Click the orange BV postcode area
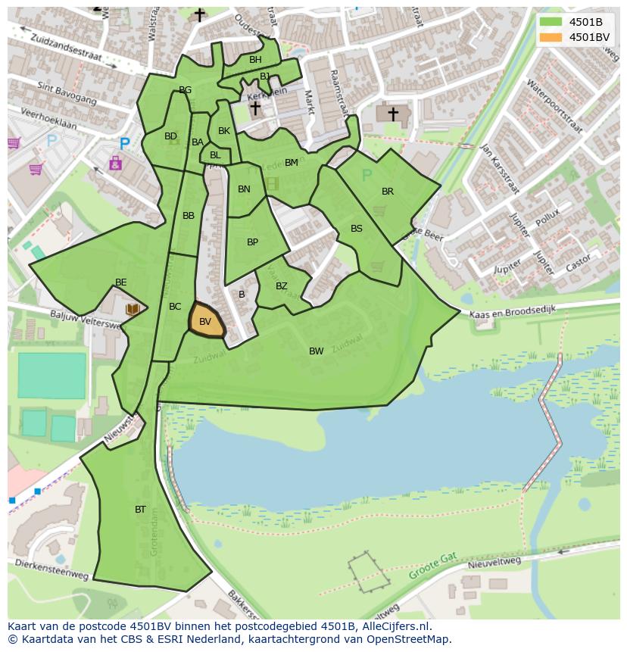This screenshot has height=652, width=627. tap(206, 321)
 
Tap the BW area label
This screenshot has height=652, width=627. tap(316, 351)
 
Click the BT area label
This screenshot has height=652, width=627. tap(140, 510)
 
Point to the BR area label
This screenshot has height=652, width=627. tap(388, 192)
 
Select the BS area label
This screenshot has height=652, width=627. tap(356, 229)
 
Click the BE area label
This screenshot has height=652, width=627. tap(120, 282)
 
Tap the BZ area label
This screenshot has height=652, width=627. tap(281, 286)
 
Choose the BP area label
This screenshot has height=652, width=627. tap(252, 242)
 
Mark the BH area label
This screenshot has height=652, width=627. tap(255, 60)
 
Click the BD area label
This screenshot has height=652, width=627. tap(170, 136)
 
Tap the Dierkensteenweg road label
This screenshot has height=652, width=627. tap(51, 570)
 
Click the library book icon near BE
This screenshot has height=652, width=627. tap(132, 309)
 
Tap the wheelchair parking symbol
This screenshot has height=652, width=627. tap(115, 163)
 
